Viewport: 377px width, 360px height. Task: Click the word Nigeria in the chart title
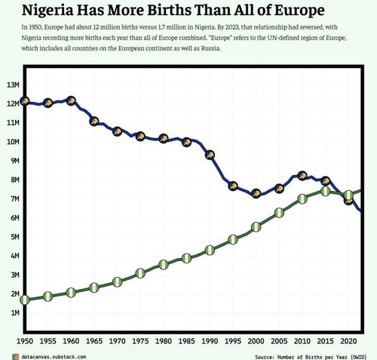pyautogui.click(x=48, y=11)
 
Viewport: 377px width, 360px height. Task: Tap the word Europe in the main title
pyautogui.click(x=299, y=11)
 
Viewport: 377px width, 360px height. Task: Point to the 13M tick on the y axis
pyautogui.click(x=13, y=85)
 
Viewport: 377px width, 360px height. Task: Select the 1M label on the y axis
pyautogui.click(x=15, y=312)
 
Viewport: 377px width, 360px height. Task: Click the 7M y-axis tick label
pyautogui.click(x=15, y=198)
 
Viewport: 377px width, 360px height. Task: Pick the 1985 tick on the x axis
pyautogui.click(x=186, y=341)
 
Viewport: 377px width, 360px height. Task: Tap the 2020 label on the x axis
pyautogui.click(x=348, y=341)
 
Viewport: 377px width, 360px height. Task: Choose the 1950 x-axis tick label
pyautogui.click(x=25, y=341)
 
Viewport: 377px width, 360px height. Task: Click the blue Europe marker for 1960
pyautogui.click(x=71, y=101)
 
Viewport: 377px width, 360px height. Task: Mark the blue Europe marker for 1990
pyautogui.click(x=210, y=155)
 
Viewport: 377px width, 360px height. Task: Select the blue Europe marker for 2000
pyautogui.click(x=256, y=193)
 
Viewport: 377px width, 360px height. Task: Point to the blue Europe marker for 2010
pyautogui.click(x=302, y=176)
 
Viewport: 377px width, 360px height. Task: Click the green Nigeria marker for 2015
pyautogui.click(x=326, y=191)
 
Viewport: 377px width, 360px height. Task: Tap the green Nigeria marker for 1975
pyautogui.click(x=140, y=273)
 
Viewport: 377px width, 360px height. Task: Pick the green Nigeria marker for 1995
pyautogui.click(x=233, y=239)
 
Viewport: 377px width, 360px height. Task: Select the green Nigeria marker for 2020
pyautogui.click(x=348, y=195)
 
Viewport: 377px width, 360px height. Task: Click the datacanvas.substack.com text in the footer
pyautogui.click(x=54, y=357)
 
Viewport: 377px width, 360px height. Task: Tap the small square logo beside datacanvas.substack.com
pyautogui.click(x=15, y=357)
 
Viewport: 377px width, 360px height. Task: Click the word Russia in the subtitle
pyautogui.click(x=210, y=48)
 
